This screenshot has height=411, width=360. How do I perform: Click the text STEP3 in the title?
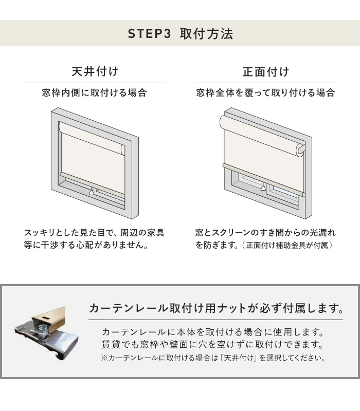click(x=149, y=34)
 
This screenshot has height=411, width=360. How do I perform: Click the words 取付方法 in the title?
click(x=206, y=34)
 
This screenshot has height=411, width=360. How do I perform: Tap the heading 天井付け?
click(x=95, y=71)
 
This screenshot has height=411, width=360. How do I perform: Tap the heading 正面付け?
click(x=265, y=71)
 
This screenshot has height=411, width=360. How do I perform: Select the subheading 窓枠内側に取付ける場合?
click(x=95, y=93)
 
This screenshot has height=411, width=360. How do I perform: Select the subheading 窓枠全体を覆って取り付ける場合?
click(x=265, y=93)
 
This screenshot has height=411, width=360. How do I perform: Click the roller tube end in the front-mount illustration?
click(x=300, y=149)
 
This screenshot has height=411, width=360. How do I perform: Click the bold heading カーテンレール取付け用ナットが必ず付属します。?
click(x=216, y=308)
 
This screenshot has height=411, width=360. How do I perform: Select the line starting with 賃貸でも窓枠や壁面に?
click(x=212, y=344)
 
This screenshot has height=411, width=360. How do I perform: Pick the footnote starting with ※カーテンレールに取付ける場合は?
click(x=212, y=358)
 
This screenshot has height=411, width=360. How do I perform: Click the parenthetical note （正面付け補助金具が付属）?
click(x=289, y=246)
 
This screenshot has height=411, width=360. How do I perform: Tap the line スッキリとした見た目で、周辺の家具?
click(x=94, y=233)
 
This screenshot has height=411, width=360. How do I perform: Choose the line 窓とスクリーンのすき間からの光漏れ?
click(x=265, y=233)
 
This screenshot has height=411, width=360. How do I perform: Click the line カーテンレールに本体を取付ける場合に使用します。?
click(x=212, y=332)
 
